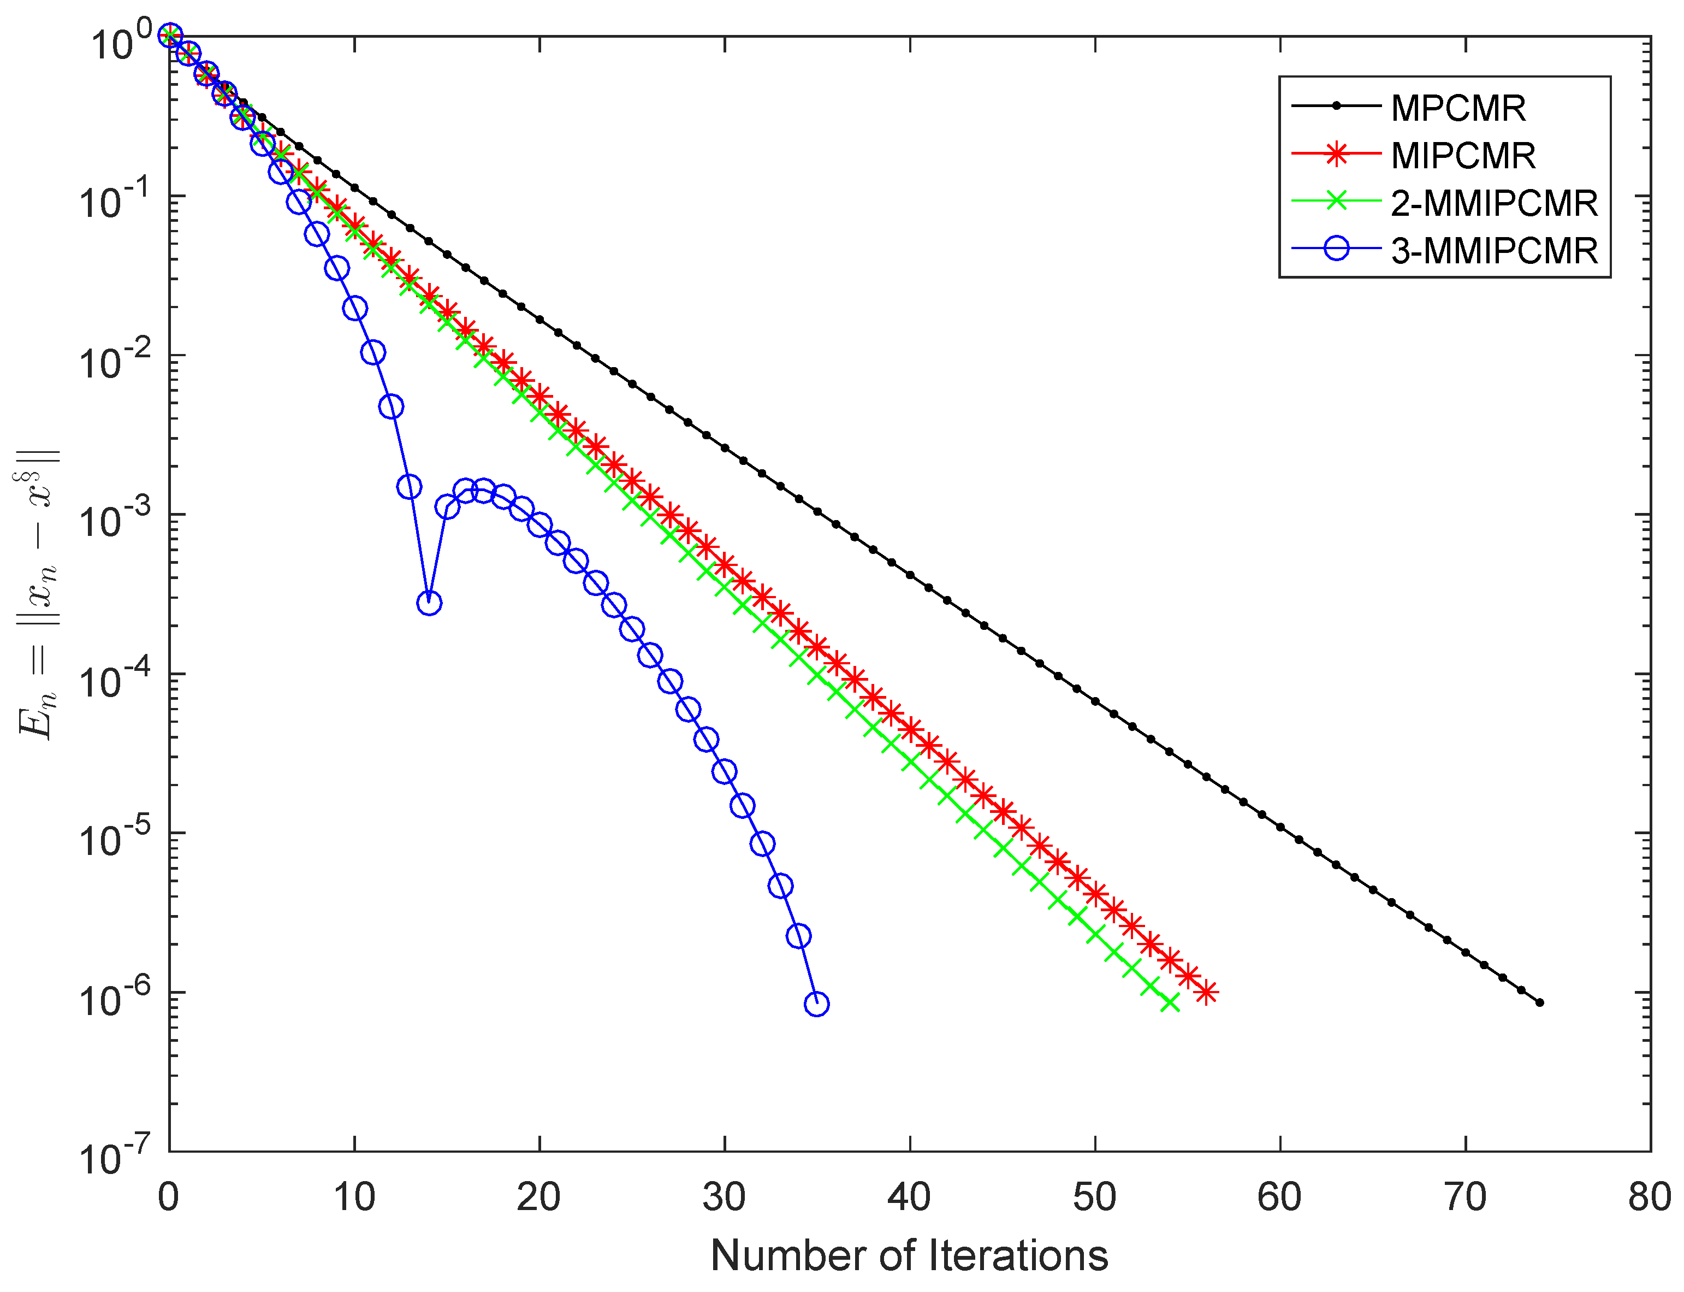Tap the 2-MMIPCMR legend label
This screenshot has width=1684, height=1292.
click(x=1493, y=203)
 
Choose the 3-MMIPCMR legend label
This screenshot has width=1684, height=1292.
click(x=1493, y=251)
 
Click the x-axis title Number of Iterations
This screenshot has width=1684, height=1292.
click(x=909, y=1256)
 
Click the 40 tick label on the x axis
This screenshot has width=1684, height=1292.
click(x=909, y=1197)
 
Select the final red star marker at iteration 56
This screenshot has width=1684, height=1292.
click(x=1206, y=993)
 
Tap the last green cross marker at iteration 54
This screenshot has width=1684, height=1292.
click(x=1169, y=1002)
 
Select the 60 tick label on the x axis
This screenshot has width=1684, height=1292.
click(x=1279, y=1197)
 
